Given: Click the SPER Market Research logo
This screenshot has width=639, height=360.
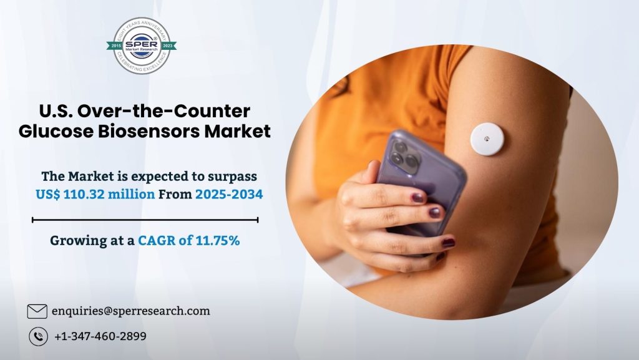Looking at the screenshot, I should click(x=141, y=46).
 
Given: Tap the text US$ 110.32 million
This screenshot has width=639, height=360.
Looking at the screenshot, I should click(x=95, y=195).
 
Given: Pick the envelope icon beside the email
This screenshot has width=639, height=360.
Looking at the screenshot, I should click(x=37, y=311).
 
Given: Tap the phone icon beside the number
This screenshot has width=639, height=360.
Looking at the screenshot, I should click(x=37, y=336).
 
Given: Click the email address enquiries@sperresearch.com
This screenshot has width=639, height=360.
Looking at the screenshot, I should click(x=130, y=311).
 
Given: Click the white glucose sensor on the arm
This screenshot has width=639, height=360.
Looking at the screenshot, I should click(x=487, y=139).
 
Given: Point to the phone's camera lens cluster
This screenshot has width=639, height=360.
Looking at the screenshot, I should click(x=404, y=155).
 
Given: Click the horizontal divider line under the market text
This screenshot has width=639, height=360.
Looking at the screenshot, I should click(x=145, y=220).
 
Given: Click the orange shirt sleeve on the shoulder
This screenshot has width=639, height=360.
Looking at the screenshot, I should click(x=431, y=75).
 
